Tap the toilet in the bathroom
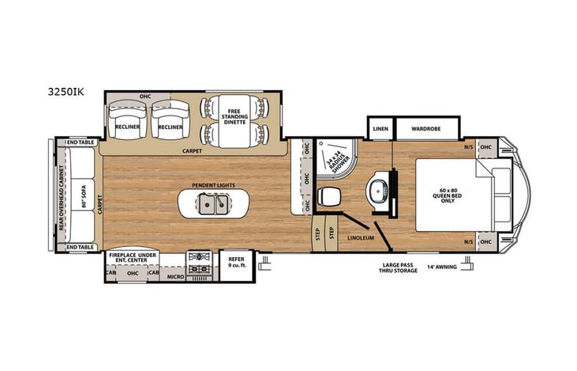[328, 195]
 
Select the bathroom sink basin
[379, 189]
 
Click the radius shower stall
[332, 162]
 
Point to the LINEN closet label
[379, 127]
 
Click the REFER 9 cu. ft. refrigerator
[236, 262]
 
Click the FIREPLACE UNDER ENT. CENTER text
[130, 257]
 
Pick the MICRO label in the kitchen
[174, 278]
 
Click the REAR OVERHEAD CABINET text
[60, 194]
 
